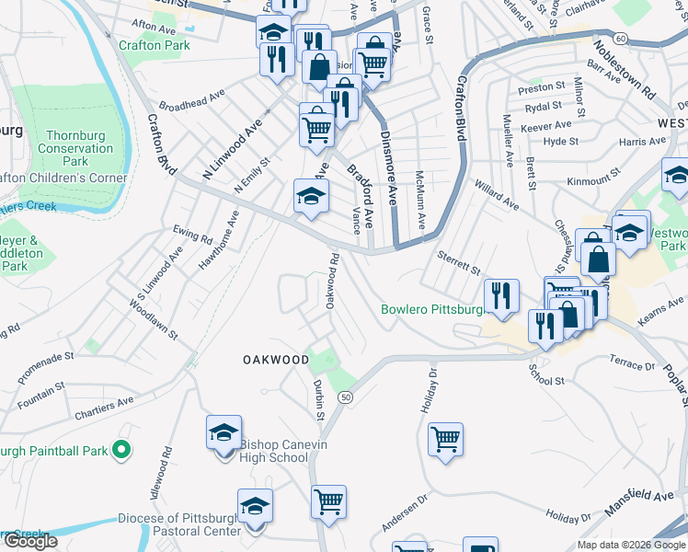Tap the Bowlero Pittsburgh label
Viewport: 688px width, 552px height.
pos(432,309)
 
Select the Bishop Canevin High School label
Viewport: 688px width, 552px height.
pos(274,451)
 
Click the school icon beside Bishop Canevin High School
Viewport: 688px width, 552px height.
pos(224,433)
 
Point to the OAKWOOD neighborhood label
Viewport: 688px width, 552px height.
pos(276,360)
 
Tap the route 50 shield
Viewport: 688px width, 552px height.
pos(345,397)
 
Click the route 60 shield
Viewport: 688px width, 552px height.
pos(622,38)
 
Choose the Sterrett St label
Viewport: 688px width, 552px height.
pos(459,262)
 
